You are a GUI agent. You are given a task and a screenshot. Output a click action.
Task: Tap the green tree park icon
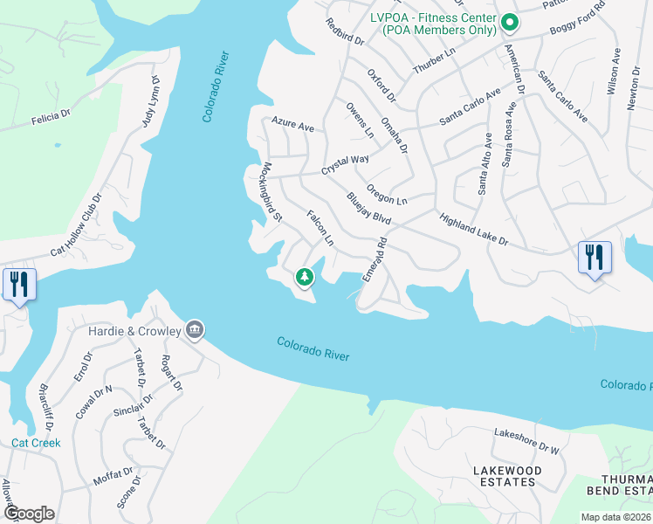304,278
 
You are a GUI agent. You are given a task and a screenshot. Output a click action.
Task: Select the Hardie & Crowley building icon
195,330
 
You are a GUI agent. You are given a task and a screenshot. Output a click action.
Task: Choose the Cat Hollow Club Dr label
76,224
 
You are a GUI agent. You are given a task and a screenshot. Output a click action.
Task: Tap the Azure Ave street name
292,126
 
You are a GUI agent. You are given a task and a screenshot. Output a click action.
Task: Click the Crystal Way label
345,164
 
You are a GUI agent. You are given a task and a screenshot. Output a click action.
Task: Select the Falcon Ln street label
320,227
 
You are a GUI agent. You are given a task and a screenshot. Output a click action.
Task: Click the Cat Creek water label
36,443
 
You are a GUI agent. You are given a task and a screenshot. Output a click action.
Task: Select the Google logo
29,514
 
